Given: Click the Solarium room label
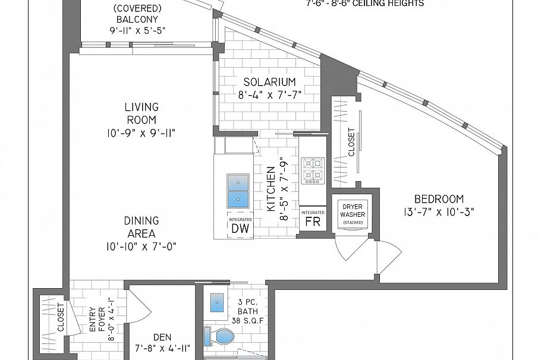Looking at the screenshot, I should coord(269,81).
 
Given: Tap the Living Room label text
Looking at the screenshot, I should coord(141,113).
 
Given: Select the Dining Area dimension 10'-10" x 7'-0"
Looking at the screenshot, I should coord(141,245).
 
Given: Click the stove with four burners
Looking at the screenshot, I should coord(313,170).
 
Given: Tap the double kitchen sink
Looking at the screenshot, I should coord(238,190).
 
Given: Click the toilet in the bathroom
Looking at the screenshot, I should coord(221,337).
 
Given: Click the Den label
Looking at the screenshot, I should coord(162,337).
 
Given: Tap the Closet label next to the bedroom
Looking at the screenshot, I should coord(351,142).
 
